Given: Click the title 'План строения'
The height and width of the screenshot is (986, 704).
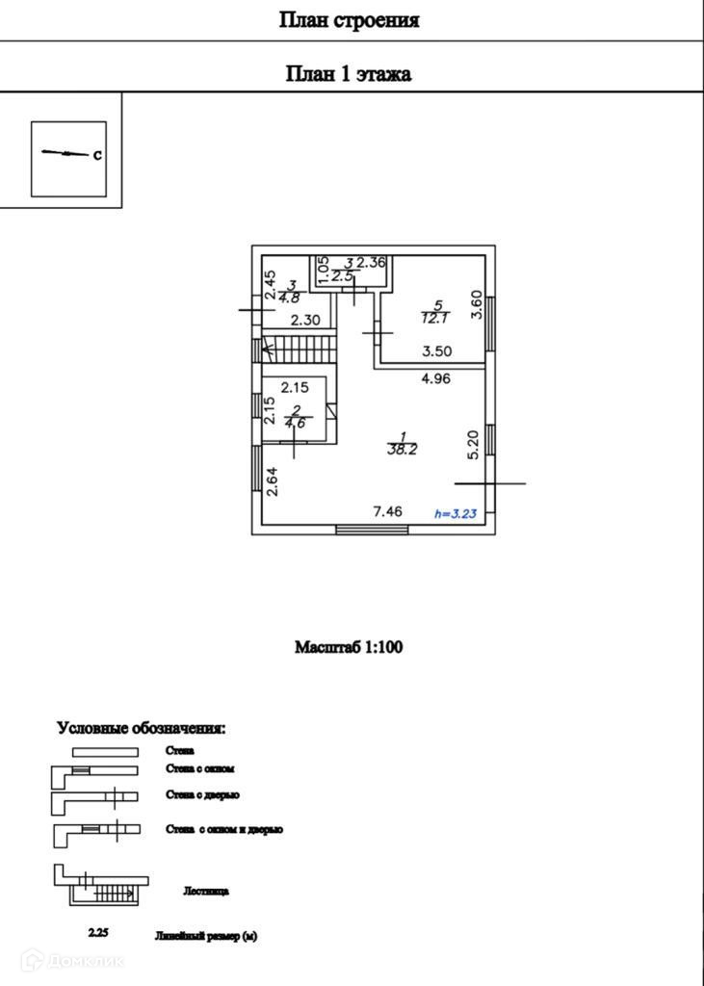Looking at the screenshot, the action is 349,20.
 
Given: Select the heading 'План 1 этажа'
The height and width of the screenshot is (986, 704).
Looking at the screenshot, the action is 349,74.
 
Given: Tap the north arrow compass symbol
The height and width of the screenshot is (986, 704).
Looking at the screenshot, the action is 68,154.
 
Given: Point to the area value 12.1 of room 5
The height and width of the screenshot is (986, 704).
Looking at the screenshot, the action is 434,317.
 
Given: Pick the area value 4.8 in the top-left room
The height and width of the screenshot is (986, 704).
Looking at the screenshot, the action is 289,298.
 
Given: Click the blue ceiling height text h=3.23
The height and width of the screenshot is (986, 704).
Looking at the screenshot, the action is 456,514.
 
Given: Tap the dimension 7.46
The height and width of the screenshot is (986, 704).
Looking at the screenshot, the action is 388,512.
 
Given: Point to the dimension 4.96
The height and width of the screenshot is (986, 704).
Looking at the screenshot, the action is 436,378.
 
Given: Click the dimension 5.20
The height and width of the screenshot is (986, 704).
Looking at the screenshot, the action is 473,444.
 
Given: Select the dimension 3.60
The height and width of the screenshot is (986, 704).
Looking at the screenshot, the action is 475,305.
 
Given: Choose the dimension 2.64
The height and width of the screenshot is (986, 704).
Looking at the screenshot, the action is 273,481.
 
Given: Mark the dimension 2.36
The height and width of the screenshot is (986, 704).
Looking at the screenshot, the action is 371,262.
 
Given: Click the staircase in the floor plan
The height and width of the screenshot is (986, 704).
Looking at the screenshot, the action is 298,347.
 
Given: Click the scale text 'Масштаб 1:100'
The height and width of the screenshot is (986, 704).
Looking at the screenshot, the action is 349,647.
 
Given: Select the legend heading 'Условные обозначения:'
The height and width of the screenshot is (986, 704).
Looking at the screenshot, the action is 141,728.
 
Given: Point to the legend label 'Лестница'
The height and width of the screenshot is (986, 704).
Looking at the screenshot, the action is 205,892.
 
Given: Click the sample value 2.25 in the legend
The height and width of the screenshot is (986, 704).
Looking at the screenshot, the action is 98,933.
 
